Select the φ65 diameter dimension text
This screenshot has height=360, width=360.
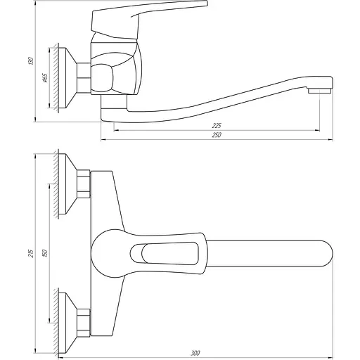click(44, 78)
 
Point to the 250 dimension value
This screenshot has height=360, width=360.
click(216, 135)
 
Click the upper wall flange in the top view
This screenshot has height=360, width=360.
click(67, 186)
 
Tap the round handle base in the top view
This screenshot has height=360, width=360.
click(112, 252)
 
